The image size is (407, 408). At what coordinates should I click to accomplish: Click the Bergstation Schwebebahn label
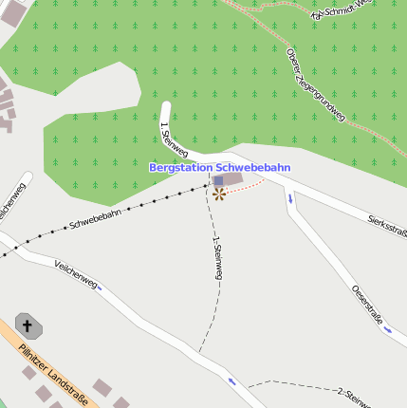pyautogui.click(x=219, y=167)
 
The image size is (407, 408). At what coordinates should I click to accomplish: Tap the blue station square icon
pyautogui.click(x=218, y=180)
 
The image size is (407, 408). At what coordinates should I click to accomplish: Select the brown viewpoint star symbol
pyautogui.click(x=219, y=194)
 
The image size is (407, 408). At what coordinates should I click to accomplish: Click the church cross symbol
pyautogui.click(x=28, y=327)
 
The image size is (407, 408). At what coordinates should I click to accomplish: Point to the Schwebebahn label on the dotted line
pyautogui.click(x=94, y=220)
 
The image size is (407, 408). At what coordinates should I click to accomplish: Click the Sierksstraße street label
pyautogui.click(x=387, y=225)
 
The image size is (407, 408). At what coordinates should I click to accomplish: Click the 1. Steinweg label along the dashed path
pyautogui.click(x=218, y=257)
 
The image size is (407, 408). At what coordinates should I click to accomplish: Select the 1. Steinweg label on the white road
pyautogui.click(x=174, y=139)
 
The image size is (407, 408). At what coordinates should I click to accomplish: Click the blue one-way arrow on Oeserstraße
pyautogui.click(x=388, y=330)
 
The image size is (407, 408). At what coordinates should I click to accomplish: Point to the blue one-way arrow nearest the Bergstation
pyautogui.click(x=289, y=198)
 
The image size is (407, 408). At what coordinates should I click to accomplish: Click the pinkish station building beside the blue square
pyautogui.click(x=231, y=178)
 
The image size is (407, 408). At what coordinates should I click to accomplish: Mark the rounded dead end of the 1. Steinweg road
pyautogui.click(x=165, y=107)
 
